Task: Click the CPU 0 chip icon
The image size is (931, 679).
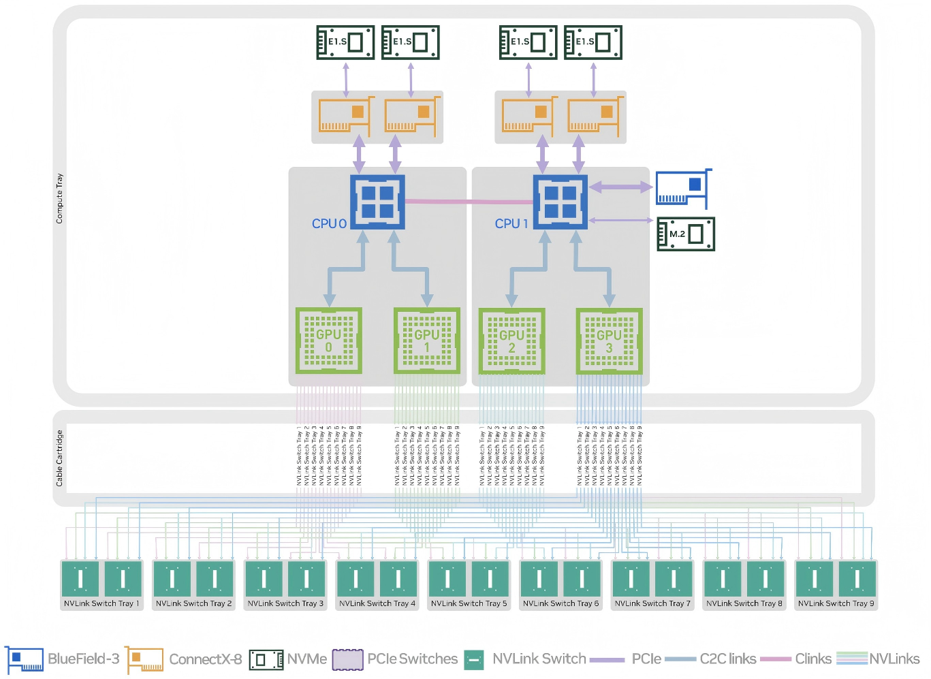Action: [377, 202]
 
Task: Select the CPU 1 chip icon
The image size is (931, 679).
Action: [560, 202]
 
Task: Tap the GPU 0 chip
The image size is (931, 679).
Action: [328, 341]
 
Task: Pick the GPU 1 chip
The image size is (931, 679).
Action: [427, 341]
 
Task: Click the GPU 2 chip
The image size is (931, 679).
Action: [511, 341]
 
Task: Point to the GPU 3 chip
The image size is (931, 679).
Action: [609, 341]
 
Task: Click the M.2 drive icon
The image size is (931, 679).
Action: [686, 234]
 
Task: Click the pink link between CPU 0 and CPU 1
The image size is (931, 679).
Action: [469, 202]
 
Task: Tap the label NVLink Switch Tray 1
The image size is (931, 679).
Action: [101, 603]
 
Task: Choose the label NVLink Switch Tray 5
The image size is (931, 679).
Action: [469, 603]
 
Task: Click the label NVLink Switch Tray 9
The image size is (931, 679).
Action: [836, 603]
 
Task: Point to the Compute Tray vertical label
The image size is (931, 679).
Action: [59, 198]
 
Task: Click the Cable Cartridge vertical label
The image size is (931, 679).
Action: [59, 458]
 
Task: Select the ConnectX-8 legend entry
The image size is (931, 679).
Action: [205, 659]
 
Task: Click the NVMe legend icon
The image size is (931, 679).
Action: [266, 659]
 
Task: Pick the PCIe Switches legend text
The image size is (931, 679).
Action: [412, 659]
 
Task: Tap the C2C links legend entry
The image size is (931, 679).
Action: [727, 659]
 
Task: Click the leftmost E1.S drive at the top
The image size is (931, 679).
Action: [345, 42]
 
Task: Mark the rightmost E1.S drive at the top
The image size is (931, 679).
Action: [593, 42]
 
